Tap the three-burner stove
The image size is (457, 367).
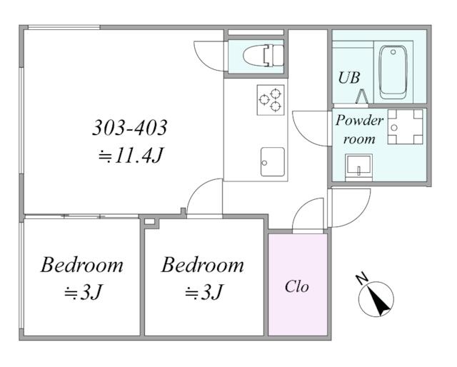[271, 100]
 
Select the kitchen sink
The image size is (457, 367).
[273, 162]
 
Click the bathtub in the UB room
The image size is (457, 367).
[393, 72]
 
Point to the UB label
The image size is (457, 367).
[349, 78]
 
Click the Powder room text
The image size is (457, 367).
[359, 129]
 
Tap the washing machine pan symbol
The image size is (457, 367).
[405, 127]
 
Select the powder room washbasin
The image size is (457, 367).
[358, 167]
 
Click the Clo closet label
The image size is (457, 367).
[297, 286]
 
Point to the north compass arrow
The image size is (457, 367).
[376, 299]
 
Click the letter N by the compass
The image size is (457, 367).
[362, 279]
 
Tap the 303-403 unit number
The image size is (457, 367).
[129, 127]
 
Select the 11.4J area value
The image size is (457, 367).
[130, 156]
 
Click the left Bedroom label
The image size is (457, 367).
[82, 265]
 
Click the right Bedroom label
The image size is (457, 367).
[203, 265]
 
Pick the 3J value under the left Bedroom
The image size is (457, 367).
[84, 292]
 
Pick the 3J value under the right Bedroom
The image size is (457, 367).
[204, 292]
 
